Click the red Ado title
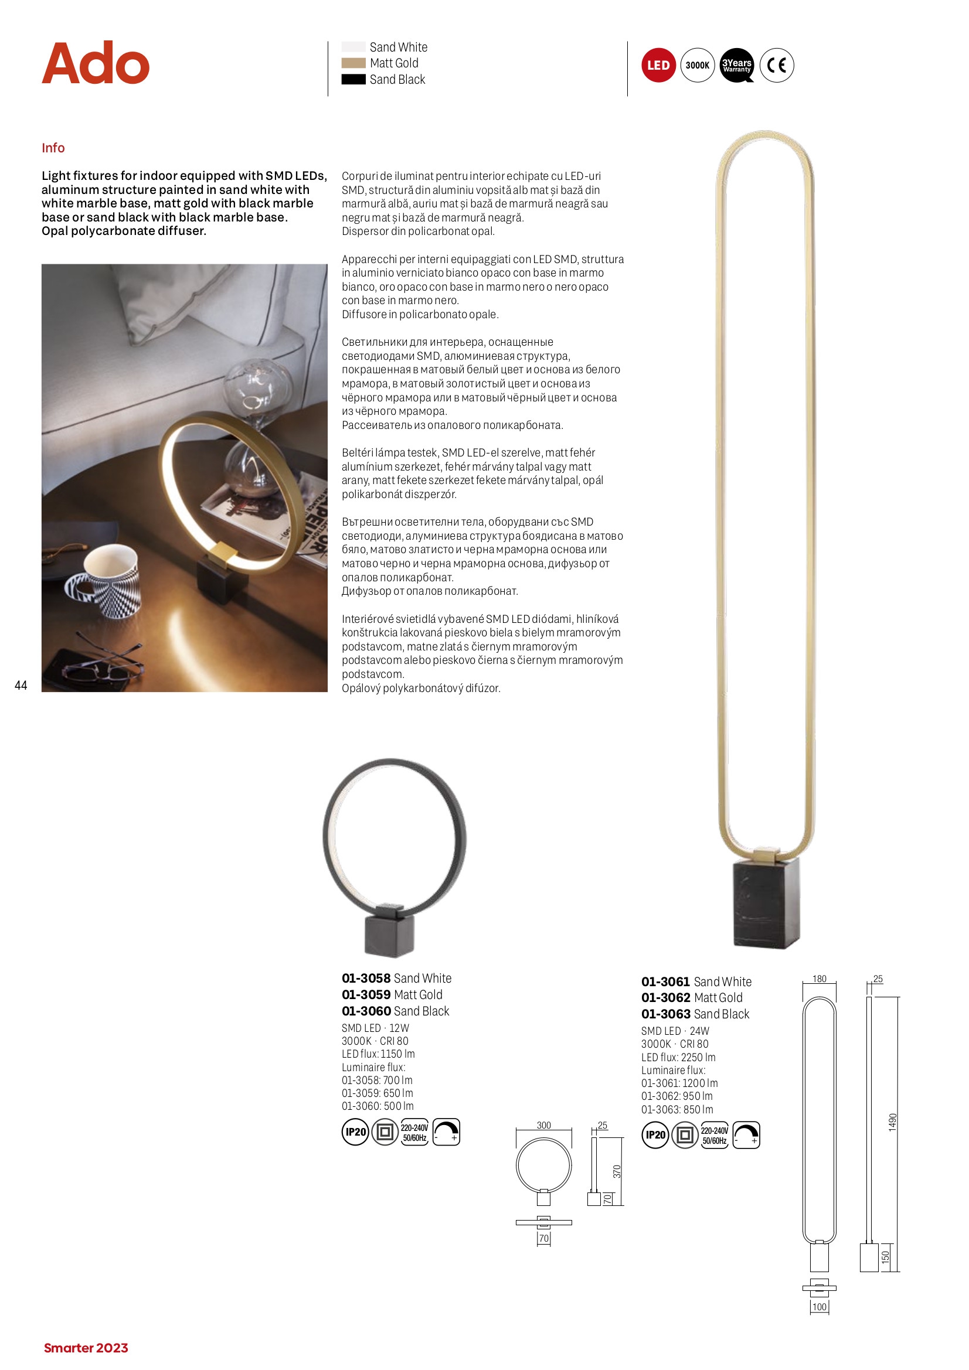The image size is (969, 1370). pos(96,63)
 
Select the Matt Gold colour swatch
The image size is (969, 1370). pos(353,63)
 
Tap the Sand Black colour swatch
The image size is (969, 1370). pos(353,79)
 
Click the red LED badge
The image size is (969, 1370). pos(658,65)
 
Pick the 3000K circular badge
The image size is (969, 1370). pos(698,65)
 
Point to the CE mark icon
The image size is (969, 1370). pos(776,65)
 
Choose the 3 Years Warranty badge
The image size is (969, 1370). pos(737,65)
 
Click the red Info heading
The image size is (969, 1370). pos(53,148)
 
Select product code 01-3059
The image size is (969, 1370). pos(366,994)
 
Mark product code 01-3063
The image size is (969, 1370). pos(666,1014)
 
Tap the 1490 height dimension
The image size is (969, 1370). pos(893,1122)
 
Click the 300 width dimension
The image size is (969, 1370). pos(543,1125)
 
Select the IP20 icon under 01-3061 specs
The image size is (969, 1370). pos(655,1135)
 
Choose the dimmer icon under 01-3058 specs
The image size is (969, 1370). pos(446,1132)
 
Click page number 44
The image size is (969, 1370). pos(21,686)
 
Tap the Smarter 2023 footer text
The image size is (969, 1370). pos(86,1348)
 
